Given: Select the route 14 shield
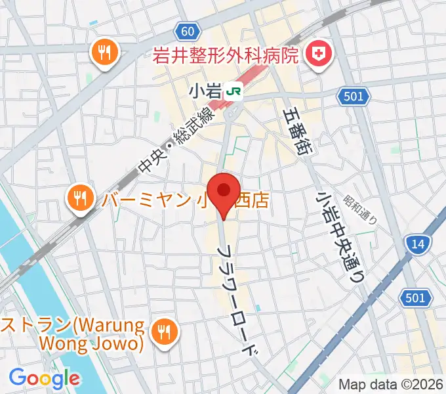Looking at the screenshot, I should [x=418, y=244].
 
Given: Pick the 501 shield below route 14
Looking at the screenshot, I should [x=416, y=299].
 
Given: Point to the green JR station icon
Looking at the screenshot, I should [x=233, y=92].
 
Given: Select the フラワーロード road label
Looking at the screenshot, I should [x=240, y=302].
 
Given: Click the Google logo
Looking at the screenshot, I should [x=44, y=378].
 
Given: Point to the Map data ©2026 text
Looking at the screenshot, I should [x=391, y=384].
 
